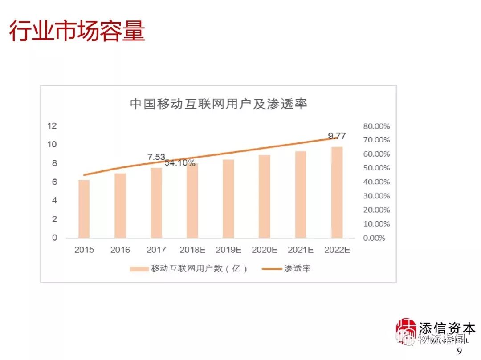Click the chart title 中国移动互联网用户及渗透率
(219, 104)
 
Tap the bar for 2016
(120, 205)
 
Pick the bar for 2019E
(228, 198)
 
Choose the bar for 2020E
(265, 196)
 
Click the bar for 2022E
(337, 192)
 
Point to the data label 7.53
(156, 157)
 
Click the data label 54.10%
(180, 163)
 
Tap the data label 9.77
(337, 136)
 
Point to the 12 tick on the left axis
(52, 126)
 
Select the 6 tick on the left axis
(54, 182)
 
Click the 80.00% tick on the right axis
(376, 126)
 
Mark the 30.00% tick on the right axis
(376, 196)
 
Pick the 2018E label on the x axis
(192, 250)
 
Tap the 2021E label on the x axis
(301, 250)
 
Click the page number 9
(460, 351)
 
